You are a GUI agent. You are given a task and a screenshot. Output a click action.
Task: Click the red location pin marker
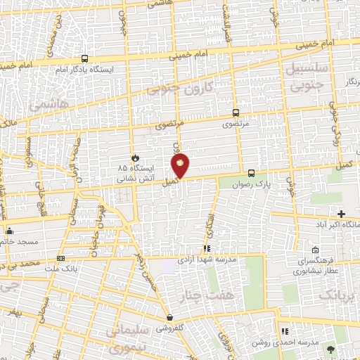pyautogui.click(x=180, y=166)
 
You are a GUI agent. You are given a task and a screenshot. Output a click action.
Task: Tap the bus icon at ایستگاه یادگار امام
pyautogui.click(x=85, y=60)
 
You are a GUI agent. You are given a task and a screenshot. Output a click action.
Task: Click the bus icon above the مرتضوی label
pyautogui.click(x=236, y=112)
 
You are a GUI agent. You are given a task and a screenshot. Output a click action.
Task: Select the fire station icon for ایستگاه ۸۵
pyautogui.click(x=136, y=157)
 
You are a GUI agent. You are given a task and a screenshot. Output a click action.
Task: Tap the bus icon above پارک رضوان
pyautogui.click(x=251, y=173)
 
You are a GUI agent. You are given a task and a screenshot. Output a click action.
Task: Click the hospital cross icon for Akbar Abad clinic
pyautogui.click(x=342, y=214)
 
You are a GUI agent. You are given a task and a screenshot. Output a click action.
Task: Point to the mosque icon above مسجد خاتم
pyautogui.click(x=10, y=231)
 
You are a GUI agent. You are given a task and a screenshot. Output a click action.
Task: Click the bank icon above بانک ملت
pyautogui.click(x=60, y=259)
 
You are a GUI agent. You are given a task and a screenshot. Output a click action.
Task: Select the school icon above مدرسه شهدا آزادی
pyautogui.click(x=206, y=249)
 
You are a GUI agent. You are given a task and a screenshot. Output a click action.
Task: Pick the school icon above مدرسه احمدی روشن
pyautogui.click(x=285, y=331)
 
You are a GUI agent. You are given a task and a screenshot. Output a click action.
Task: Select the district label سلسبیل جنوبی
pyautogui.click(x=315, y=74)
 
